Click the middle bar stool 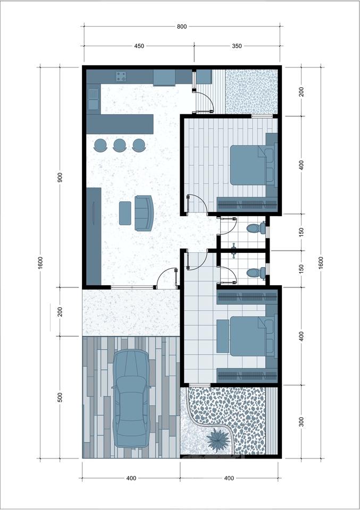(x=120, y=144)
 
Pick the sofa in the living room (x=144, y=213)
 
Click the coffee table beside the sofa (x=125, y=213)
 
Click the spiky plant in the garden (x=219, y=439)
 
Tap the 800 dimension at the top (x=182, y=27)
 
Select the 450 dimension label (x=139, y=46)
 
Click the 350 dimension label (x=237, y=46)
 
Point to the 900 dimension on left (x=60, y=177)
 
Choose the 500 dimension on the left (x=60, y=397)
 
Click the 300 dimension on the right (x=302, y=422)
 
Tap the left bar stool (x=100, y=144)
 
